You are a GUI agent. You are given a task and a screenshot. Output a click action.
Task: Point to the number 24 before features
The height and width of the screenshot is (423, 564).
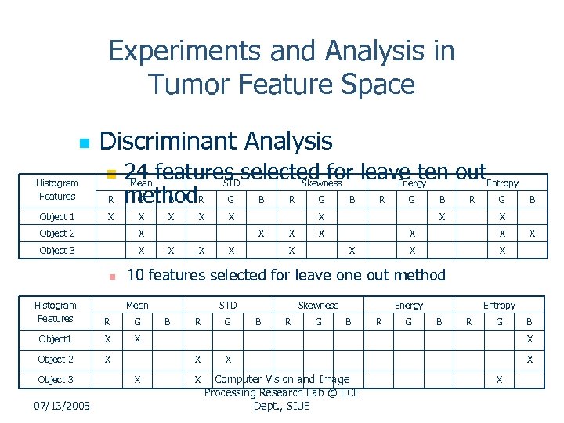[x=138, y=172]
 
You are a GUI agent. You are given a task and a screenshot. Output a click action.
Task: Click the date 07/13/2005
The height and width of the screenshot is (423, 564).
[x=63, y=406]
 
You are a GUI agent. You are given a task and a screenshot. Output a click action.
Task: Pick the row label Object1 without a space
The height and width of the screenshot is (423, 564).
[x=56, y=339]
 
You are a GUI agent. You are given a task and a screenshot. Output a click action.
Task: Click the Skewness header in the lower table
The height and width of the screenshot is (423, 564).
[x=318, y=305]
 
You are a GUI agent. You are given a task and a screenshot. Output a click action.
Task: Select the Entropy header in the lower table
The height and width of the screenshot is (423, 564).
[x=499, y=305]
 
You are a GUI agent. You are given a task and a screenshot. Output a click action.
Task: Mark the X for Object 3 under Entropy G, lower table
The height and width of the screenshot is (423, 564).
[x=499, y=380]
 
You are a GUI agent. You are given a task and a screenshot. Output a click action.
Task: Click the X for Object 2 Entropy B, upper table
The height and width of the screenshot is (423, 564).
[x=533, y=233]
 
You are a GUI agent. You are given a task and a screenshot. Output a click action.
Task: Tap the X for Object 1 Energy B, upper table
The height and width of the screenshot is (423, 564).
[x=442, y=217]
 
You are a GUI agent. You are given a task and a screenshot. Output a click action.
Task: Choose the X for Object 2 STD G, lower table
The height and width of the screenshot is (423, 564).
[x=228, y=360]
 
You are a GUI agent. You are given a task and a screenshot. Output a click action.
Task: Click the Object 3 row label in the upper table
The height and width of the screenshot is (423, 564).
[x=57, y=251]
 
